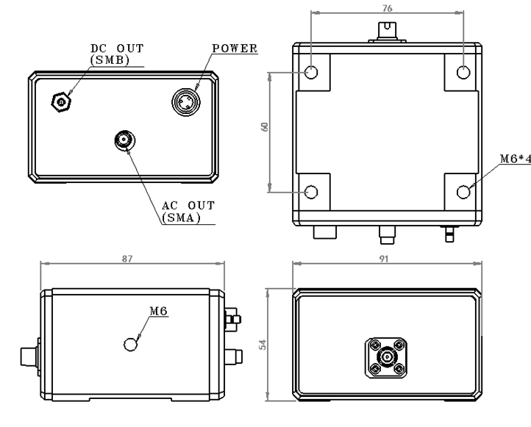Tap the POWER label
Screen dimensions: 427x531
tap(234, 49)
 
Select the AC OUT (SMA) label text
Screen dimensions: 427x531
tap(182, 211)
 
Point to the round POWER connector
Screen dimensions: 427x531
tap(186, 101)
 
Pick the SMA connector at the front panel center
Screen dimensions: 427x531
tap(124, 139)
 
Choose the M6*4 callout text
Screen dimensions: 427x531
tap(513, 159)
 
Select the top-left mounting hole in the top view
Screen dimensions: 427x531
tap(310, 72)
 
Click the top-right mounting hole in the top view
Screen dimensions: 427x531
tap(463, 72)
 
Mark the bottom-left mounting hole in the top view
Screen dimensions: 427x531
tap(310, 192)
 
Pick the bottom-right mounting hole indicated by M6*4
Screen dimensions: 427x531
tap(463, 192)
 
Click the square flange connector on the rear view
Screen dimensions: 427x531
tap(386, 356)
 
